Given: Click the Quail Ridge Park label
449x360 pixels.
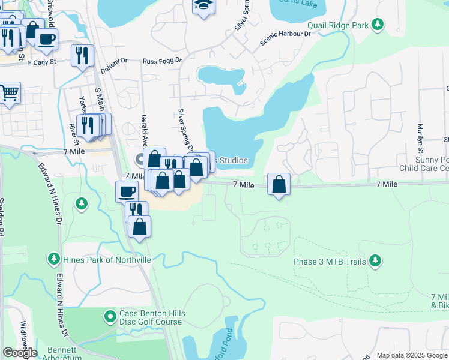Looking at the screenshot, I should coord(337,25).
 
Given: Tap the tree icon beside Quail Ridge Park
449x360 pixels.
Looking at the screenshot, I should coord(378,25).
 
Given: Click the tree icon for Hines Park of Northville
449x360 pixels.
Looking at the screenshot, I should coord(54,259).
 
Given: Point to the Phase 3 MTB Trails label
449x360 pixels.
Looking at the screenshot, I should coord(330,262).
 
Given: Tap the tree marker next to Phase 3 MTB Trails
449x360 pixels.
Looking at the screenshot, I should coord(375,260).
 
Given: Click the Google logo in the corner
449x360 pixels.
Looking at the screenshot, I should coord(20,352).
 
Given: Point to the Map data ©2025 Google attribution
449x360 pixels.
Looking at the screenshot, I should coord(412,355).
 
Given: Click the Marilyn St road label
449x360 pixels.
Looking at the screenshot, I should coord(420,138).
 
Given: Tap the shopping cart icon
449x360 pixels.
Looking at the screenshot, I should coord(8,92).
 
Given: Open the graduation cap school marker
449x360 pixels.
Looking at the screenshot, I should coord(203,5).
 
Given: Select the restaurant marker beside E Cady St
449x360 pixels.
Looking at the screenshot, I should coord(82,55).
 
